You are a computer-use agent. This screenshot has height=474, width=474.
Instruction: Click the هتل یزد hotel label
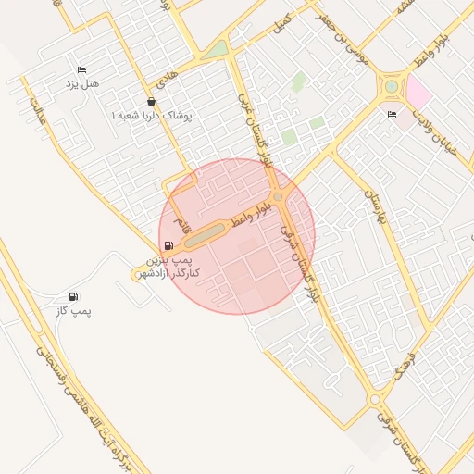[81, 84]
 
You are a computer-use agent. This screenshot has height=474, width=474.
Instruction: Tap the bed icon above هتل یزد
[81, 70]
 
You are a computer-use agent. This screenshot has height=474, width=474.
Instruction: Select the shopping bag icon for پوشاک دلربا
[151, 102]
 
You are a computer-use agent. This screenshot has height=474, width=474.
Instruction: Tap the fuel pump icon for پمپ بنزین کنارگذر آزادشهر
[168, 246]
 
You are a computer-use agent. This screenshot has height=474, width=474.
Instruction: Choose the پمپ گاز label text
[74, 311]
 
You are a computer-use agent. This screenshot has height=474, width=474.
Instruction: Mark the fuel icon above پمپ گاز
[74, 297]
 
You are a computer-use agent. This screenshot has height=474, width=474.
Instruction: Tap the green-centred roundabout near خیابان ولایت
[392, 87]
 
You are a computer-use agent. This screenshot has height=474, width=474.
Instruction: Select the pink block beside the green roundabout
[418, 93]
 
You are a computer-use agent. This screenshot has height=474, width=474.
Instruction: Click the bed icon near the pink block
[392, 114]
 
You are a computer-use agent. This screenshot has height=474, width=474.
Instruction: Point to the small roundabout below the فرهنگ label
[374, 399]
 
